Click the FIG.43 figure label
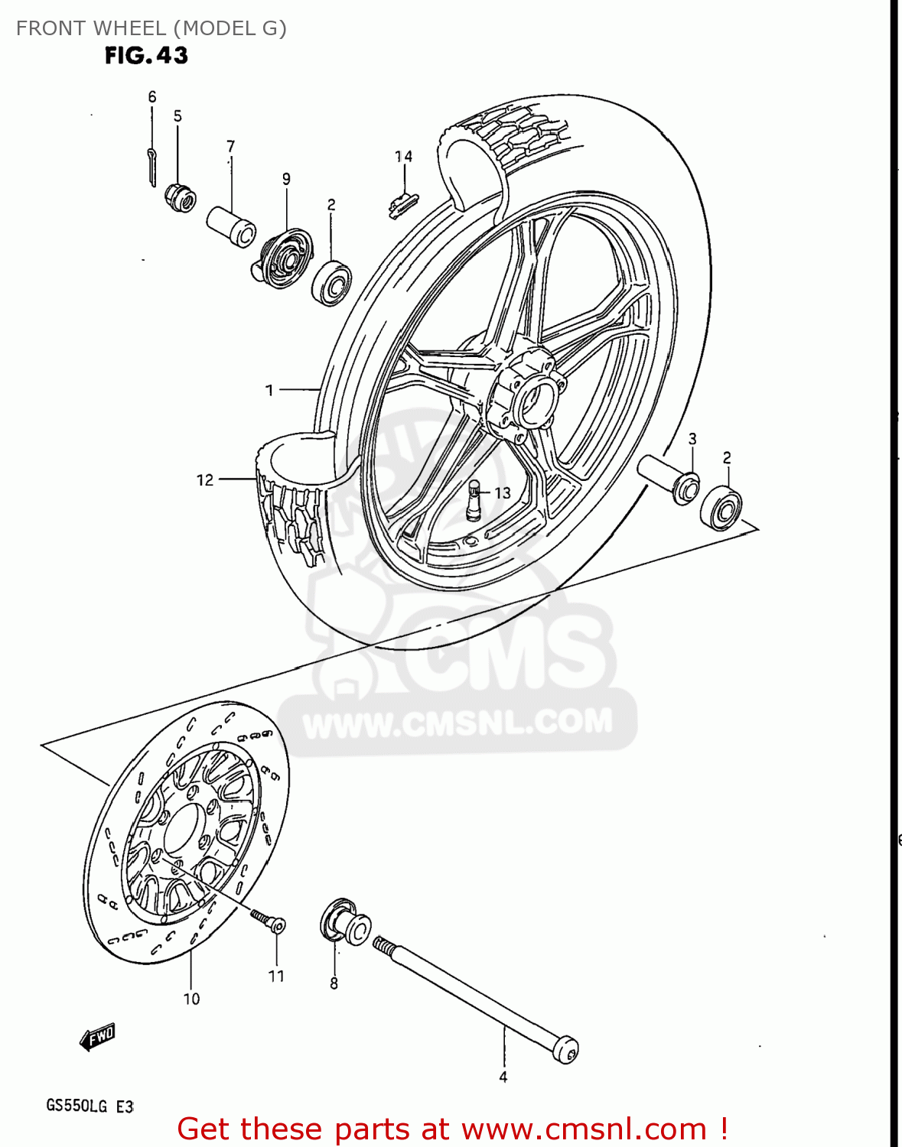(x=146, y=56)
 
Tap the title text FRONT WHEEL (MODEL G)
(x=151, y=28)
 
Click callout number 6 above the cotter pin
(x=152, y=97)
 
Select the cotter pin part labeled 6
(x=151, y=166)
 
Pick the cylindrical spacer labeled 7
(x=231, y=226)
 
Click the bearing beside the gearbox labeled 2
(x=331, y=283)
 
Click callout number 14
(x=403, y=157)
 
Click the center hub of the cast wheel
(x=528, y=398)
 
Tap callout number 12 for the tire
(x=205, y=480)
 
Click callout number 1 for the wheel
(x=269, y=390)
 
